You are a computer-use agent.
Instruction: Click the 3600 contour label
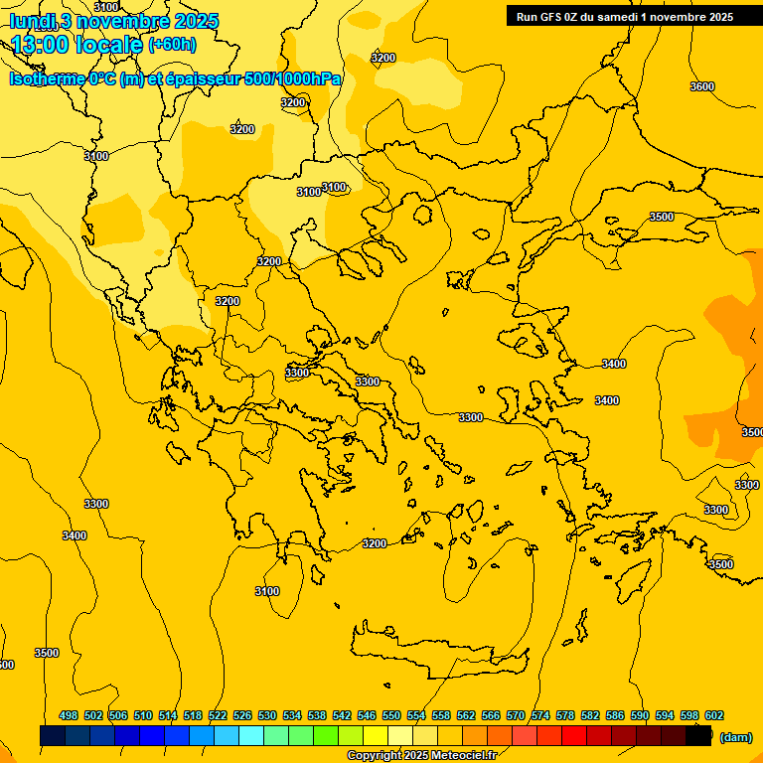click(x=701, y=86)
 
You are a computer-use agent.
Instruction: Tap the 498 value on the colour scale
click(x=69, y=715)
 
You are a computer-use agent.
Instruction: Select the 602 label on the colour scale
click(x=714, y=715)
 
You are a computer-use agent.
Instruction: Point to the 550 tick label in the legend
click(x=391, y=715)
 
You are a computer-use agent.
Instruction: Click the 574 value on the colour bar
click(x=540, y=715)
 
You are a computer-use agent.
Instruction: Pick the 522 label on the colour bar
click(x=218, y=715)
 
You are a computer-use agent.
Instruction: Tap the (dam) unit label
click(x=735, y=736)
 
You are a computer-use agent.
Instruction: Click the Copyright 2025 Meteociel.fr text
click(x=421, y=756)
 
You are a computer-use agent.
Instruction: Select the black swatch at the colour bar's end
click(x=698, y=736)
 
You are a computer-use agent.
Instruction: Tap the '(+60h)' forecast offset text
click(x=172, y=45)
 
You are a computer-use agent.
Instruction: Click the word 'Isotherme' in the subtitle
click(x=47, y=79)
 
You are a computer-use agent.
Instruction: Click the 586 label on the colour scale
click(x=615, y=715)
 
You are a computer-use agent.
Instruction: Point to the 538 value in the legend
click(x=317, y=715)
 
